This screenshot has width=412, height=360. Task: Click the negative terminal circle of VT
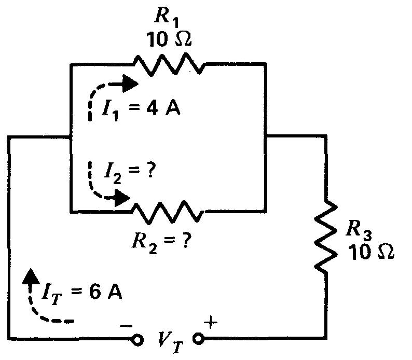[x=137, y=340]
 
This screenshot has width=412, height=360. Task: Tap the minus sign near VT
[x=125, y=326]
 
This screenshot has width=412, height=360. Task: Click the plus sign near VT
[x=209, y=323]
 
